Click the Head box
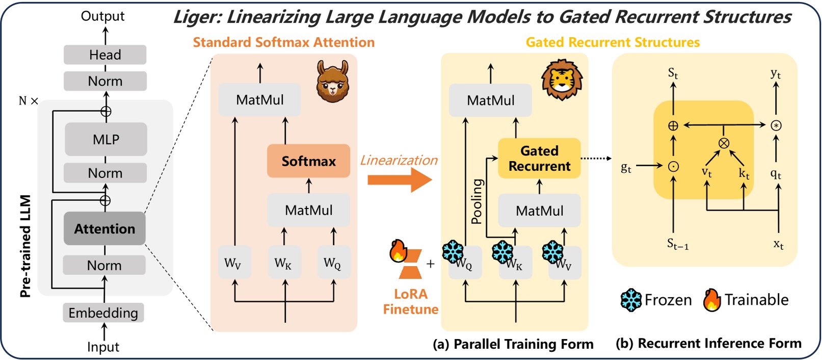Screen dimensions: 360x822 (105, 55)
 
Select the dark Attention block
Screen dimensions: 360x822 (104, 228)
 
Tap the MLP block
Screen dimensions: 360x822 (106, 139)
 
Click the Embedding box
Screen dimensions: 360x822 (103, 313)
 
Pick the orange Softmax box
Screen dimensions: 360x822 (308, 161)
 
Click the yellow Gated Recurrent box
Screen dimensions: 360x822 (539, 158)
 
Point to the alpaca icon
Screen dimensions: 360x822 (332, 81)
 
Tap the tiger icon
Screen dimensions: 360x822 (562, 80)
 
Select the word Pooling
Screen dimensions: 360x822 (476, 201)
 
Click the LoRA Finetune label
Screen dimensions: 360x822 (411, 301)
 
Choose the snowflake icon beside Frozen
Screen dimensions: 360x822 (631, 300)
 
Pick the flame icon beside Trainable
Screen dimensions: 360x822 (712, 300)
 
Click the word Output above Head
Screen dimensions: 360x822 (102, 16)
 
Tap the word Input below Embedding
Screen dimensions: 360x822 (103, 347)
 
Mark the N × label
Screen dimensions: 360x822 (28, 101)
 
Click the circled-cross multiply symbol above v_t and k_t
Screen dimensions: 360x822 (724, 143)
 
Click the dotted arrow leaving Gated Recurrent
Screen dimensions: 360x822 (596, 159)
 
